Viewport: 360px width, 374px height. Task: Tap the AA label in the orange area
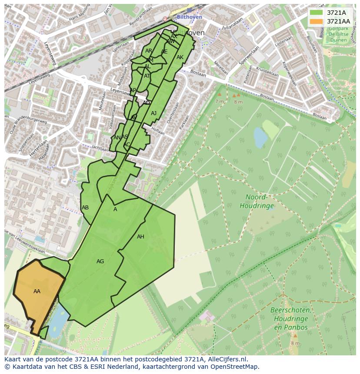click(x=37, y=291)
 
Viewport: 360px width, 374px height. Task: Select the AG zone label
click(x=100, y=261)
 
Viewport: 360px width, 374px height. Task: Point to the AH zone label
click(x=140, y=237)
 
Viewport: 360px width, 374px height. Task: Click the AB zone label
click(x=85, y=208)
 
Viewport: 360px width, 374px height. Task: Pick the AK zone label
click(x=180, y=57)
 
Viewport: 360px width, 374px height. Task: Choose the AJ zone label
click(x=153, y=113)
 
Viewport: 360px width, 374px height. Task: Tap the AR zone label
click(x=149, y=51)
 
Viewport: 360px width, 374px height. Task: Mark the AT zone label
click(x=147, y=76)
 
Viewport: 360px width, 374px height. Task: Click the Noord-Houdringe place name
click(x=257, y=201)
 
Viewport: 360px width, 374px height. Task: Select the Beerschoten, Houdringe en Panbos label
click(x=290, y=319)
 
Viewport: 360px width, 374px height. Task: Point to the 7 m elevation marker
click(x=220, y=101)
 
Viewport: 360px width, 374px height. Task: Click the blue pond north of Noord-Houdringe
click(x=260, y=138)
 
